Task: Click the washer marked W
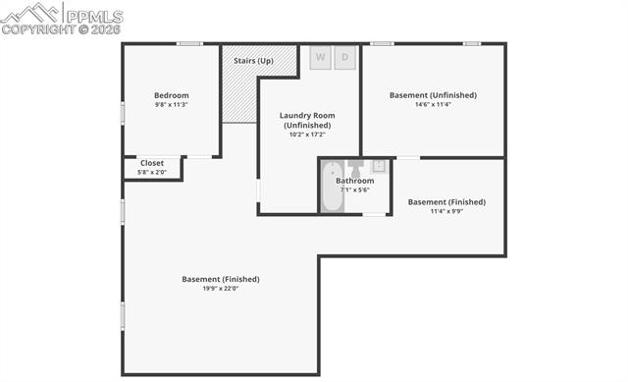[x=321, y=57]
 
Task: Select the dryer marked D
[x=344, y=57]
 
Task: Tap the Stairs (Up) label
[x=253, y=61]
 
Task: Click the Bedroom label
[x=172, y=95]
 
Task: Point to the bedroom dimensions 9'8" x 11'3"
[x=172, y=105]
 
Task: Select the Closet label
[x=152, y=163]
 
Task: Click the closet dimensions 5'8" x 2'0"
[x=152, y=173]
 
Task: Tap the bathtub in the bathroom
[x=332, y=186]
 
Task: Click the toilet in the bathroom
[x=355, y=166]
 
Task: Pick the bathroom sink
[x=379, y=166]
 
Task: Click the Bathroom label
[x=355, y=181]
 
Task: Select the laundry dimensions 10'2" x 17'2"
[x=307, y=135]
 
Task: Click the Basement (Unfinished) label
[x=433, y=95]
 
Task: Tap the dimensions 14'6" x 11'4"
[x=433, y=105]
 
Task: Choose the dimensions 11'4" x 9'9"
[x=446, y=211]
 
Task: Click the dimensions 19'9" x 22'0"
[x=221, y=289]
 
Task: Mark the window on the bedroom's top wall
[x=189, y=43]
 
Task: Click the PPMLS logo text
[x=94, y=16]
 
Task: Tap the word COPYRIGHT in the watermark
[x=38, y=29]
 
